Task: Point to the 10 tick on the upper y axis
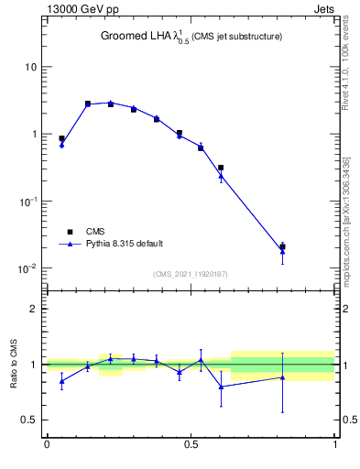[30, 67]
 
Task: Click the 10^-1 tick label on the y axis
[27, 201]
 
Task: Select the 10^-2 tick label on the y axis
[27, 268]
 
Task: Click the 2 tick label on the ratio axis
[34, 309]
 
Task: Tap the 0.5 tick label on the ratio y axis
[29, 420]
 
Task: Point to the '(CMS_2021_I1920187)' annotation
[191, 274]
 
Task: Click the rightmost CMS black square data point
[282, 247]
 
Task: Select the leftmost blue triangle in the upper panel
[61, 145]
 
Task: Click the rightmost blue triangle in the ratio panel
[282, 377]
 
